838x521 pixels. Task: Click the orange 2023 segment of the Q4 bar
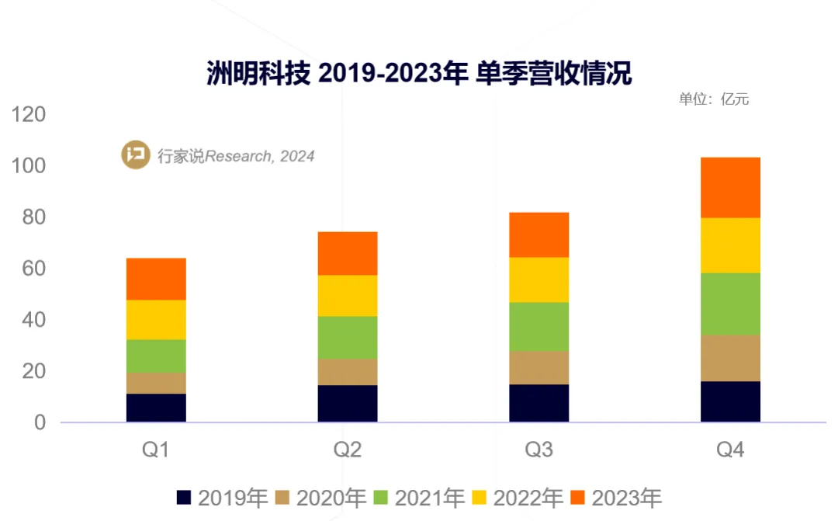730,187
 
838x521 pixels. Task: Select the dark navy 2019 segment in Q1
156,408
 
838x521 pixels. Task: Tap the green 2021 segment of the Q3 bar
538,326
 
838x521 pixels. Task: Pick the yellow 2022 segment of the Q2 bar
348,295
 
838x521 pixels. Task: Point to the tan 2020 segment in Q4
730,357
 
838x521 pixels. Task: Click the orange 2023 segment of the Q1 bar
156,279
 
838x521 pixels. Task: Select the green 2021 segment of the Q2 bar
348,337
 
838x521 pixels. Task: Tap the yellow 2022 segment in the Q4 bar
730,245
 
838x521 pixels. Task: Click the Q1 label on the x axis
156,450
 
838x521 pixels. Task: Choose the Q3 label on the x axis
538,450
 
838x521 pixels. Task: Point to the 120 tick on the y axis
29,115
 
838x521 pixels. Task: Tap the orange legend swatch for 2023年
577,498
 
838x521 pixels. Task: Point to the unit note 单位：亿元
713,99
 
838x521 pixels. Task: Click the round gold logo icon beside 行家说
136,155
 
